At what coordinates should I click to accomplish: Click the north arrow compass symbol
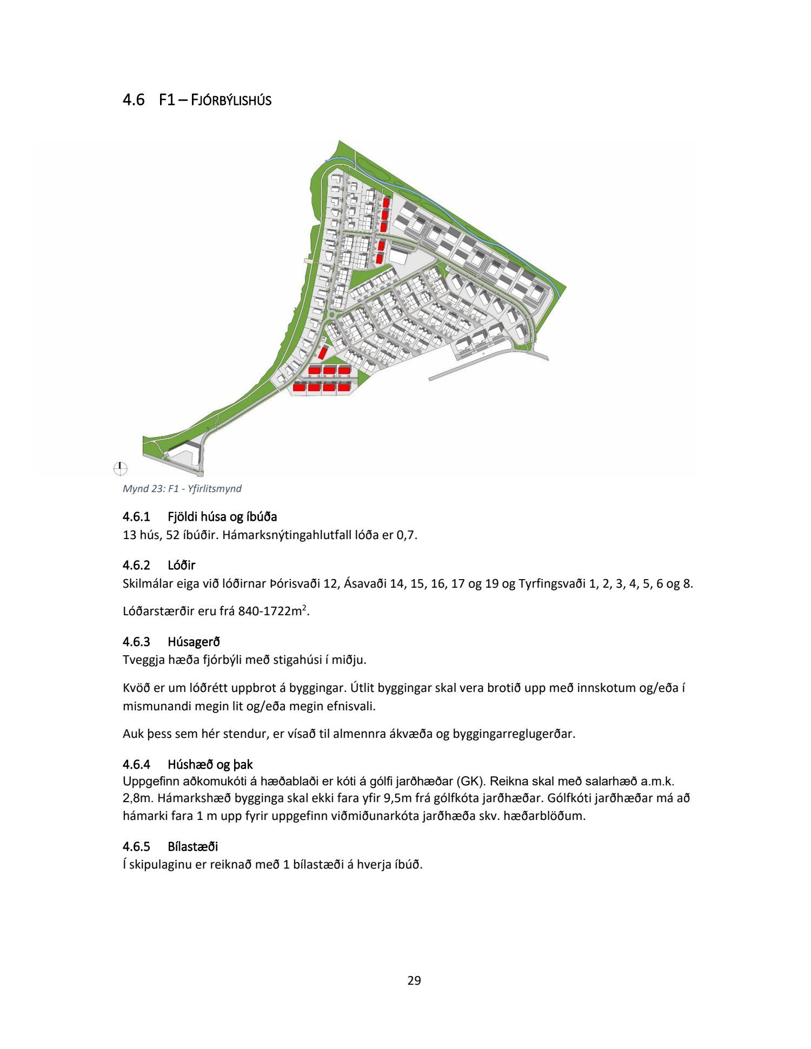[121, 468]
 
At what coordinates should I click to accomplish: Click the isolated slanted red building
[323, 353]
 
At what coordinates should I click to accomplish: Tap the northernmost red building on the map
[386, 203]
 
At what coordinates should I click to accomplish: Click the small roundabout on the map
[331, 315]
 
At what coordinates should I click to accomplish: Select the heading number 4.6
[134, 100]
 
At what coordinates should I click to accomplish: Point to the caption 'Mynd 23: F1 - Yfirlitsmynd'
[182, 489]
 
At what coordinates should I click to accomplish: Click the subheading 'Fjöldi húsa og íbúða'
[222, 516]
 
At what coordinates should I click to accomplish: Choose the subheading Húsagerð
[194, 642]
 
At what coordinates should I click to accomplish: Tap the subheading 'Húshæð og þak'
[210, 764]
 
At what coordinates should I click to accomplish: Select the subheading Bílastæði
[192, 846]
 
